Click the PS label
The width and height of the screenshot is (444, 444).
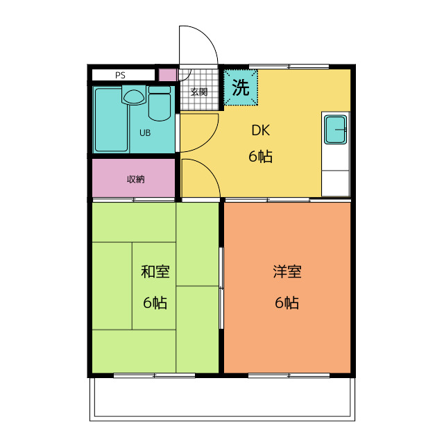[120, 76]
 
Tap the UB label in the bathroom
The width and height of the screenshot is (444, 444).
[145, 133]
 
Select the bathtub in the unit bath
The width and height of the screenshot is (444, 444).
[111, 120]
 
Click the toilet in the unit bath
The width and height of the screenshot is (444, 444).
[160, 103]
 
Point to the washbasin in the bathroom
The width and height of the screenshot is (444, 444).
[134, 96]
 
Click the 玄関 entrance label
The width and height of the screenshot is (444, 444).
[199, 92]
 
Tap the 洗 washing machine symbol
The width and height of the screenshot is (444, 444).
[241, 87]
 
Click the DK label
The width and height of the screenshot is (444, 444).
[261, 130]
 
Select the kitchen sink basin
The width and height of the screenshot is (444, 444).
[336, 130]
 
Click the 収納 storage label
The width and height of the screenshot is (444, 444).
[136, 179]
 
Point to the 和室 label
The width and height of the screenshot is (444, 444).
[155, 271]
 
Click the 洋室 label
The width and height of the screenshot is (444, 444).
[287, 271]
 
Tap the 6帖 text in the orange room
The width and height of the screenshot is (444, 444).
[287, 302]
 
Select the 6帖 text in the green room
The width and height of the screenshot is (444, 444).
[155, 302]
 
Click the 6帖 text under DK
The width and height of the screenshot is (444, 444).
[261, 156]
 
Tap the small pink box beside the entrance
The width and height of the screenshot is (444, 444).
[168, 75]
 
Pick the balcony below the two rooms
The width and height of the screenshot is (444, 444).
[222, 399]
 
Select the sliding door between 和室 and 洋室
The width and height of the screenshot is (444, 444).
[221, 289]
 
